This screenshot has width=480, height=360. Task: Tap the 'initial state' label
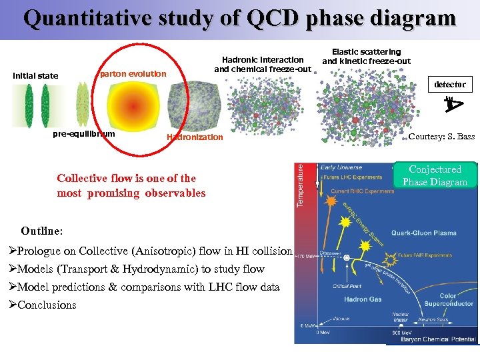pyautogui.click(x=35, y=75)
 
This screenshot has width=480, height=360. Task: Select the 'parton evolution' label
pyautogui.click(x=133, y=73)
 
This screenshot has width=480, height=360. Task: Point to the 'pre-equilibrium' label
pyautogui.click(x=83, y=134)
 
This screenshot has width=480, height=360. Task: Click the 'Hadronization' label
pyautogui.click(x=195, y=137)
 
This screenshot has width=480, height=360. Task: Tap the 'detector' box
pyautogui.click(x=450, y=85)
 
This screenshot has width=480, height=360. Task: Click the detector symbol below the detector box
pyautogui.click(x=453, y=103)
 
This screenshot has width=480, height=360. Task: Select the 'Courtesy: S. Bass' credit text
pyautogui.click(x=441, y=137)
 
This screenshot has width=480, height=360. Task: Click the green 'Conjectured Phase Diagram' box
pyautogui.click(x=435, y=175)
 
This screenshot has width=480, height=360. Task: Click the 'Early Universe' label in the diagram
pyautogui.click(x=341, y=167)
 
